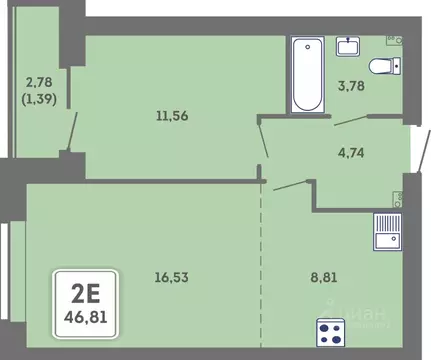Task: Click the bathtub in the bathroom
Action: point(305,74)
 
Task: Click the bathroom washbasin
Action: point(348,45)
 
